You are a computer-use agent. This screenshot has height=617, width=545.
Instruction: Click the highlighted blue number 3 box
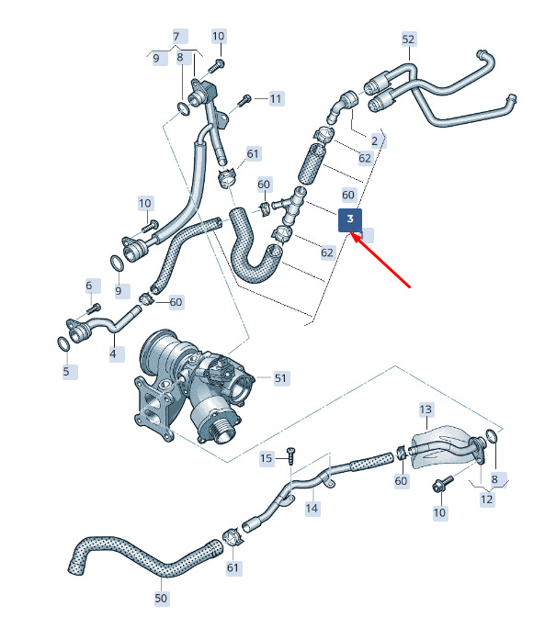pyautogui.click(x=350, y=220)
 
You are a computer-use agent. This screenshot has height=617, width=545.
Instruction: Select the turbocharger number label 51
pyautogui.click(x=280, y=378)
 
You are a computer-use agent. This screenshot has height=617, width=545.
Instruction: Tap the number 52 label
pyautogui.click(x=408, y=39)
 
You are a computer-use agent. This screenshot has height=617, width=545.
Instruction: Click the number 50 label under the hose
pyautogui.click(x=161, y=598)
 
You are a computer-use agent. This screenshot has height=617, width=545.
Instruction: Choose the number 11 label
pyautogui.click(x=276, y=98)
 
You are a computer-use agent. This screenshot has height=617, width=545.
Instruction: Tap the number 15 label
pyautogui.click(x=267, y=458)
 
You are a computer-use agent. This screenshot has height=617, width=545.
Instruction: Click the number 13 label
pyautogui.click(x=426, y=409)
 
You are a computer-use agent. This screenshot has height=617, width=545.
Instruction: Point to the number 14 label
pyautogui.click(x=312, y=508)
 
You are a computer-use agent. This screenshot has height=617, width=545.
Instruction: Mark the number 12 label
pyautogui.click(x=487, y=499)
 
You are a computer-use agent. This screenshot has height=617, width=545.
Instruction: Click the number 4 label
pyautogui.click(x=113, y=353)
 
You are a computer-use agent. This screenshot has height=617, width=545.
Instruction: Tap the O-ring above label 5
pyautogui.click(x=63, y=343)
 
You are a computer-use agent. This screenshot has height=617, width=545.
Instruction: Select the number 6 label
pyautogui.click(x=89, y=286)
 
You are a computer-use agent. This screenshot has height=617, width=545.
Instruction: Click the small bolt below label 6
pyautogui.click(x=94, y=308)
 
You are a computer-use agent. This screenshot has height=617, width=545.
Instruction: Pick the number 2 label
pyautogui.click(x=375, y=140)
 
